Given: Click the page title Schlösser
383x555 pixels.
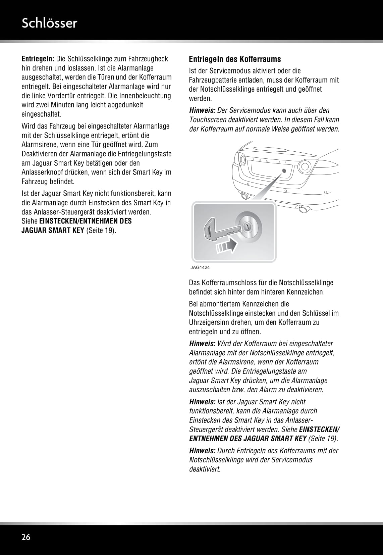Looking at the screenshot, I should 49,23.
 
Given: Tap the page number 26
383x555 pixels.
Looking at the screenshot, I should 26,537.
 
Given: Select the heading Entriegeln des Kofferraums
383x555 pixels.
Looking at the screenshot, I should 235,59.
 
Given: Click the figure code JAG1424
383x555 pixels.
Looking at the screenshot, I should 200,268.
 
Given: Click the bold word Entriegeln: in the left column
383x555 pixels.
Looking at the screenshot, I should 38,59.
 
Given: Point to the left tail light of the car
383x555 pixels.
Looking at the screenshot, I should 241,158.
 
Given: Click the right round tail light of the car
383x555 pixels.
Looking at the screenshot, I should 305,166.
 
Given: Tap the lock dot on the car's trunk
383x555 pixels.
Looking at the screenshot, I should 284,170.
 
